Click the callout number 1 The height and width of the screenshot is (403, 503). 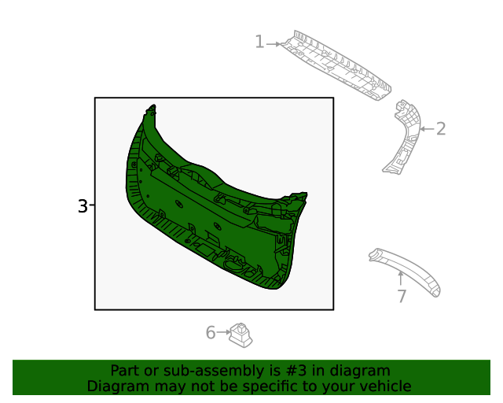point(259,43)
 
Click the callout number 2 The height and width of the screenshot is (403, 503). point(441,128)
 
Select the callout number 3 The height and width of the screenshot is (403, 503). point(83,206)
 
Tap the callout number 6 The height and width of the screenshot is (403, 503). point(211,333)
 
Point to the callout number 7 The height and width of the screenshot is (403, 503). point(402,296)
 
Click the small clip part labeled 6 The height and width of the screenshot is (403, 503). point(241,336)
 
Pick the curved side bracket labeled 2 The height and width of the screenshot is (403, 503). point(403,137)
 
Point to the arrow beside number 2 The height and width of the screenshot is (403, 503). point(425,128)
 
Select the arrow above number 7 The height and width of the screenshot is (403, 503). point(401,277)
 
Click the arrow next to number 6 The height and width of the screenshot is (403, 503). point(223,333)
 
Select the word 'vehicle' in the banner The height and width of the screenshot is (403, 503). point(383,386)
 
